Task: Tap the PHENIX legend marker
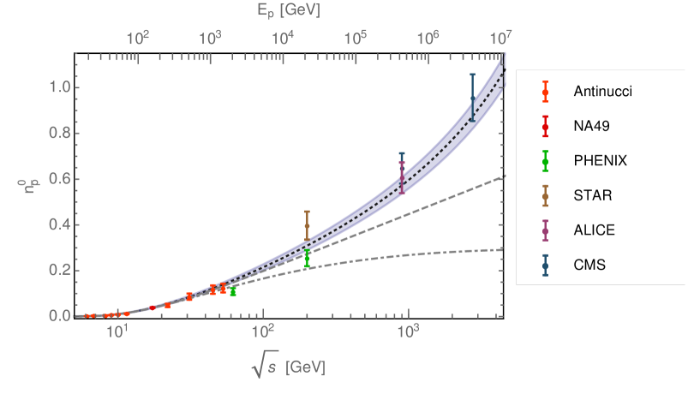tap(545, 160)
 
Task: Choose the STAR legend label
tap(592, 195)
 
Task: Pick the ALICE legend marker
tap(545, 230)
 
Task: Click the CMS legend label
tap(589, 266)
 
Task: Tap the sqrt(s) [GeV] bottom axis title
tap(288, 367)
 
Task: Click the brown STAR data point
tap(307, 226)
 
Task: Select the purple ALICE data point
tap(402, 177)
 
